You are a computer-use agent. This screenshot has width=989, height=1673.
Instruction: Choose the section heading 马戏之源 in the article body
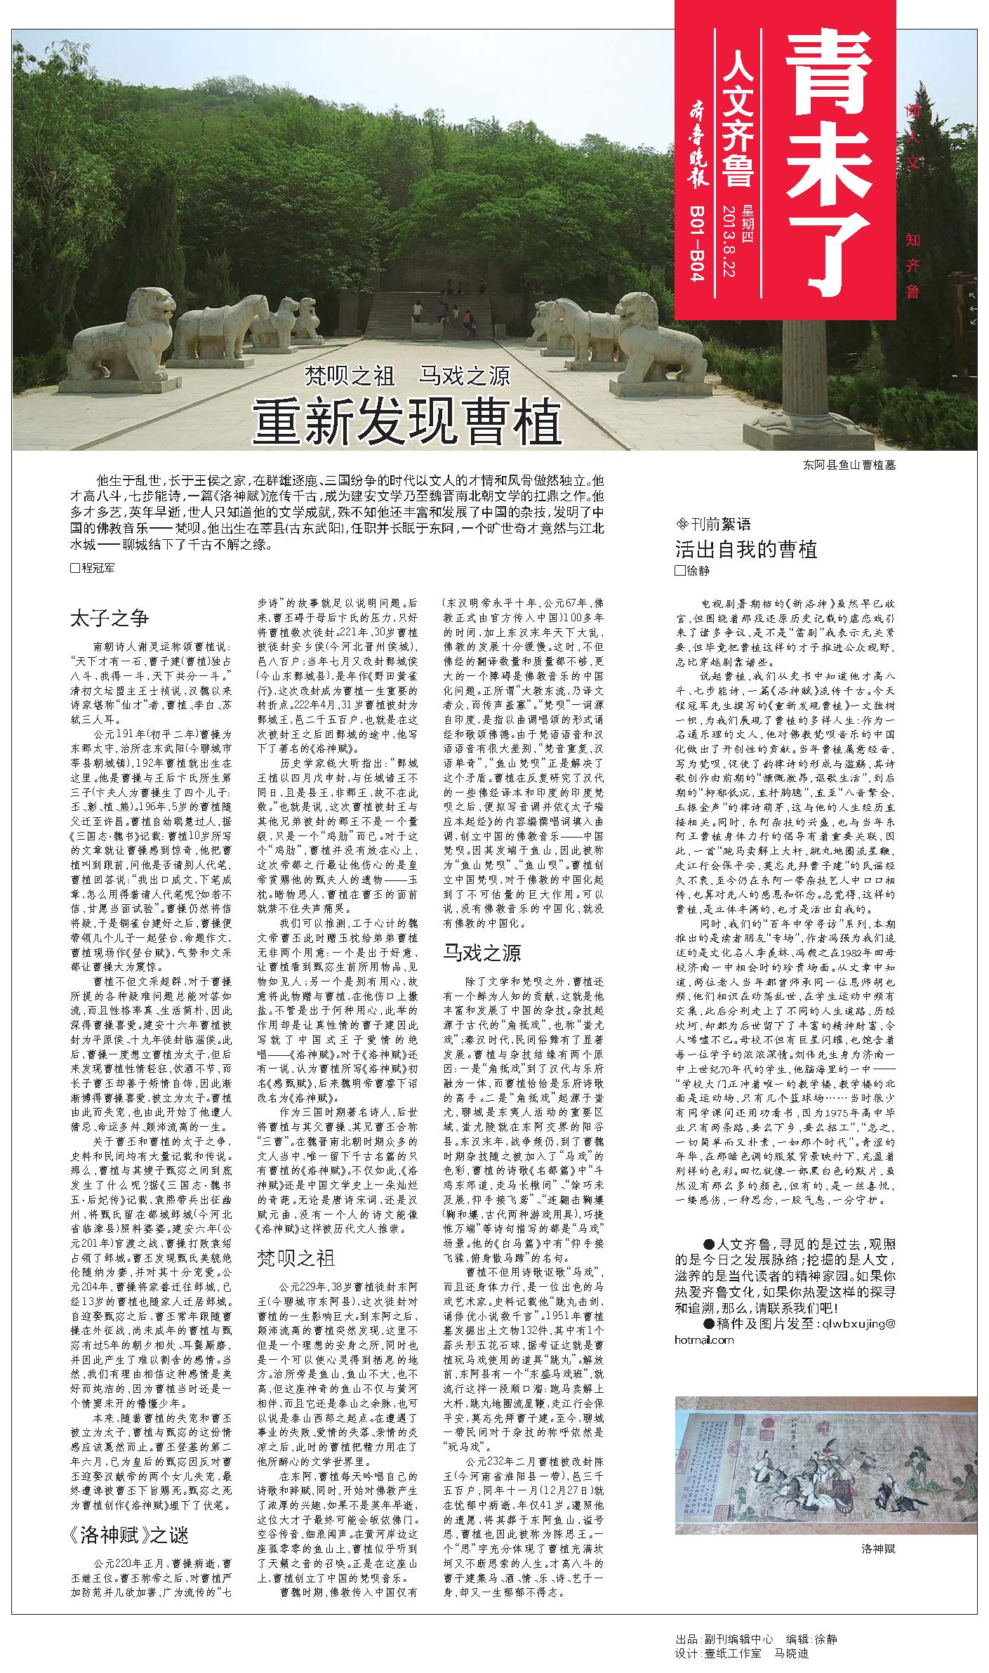point(481,953)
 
